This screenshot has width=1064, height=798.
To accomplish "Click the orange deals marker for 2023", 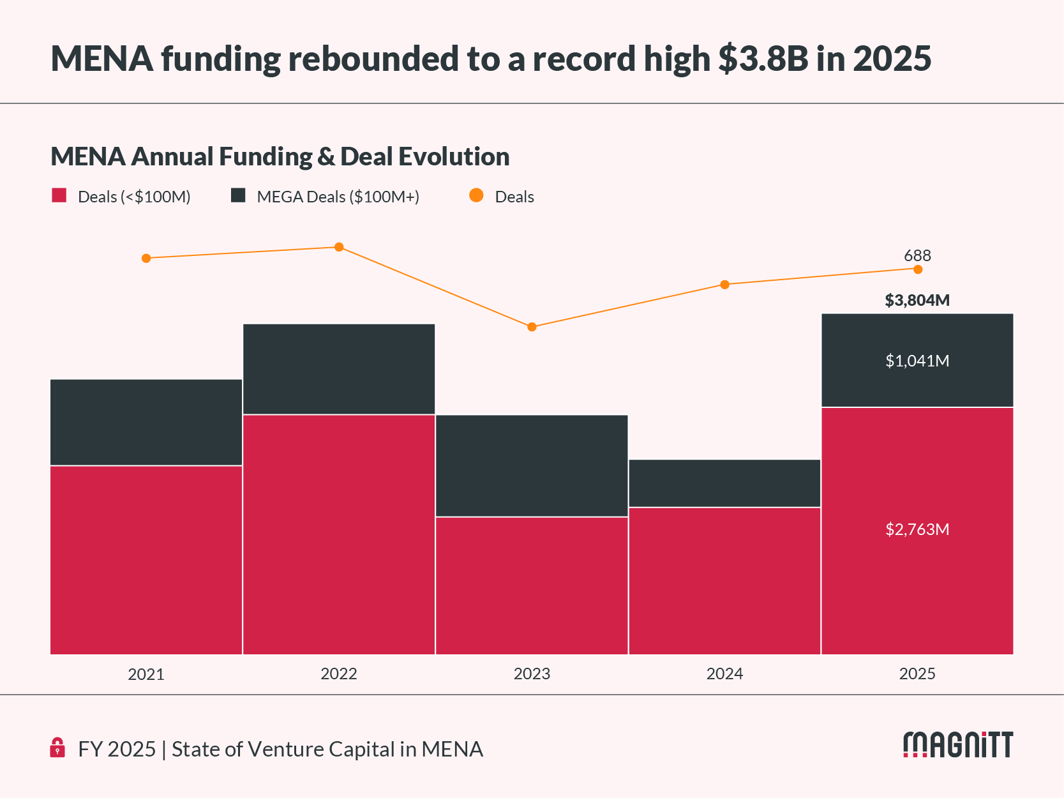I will (532, 327).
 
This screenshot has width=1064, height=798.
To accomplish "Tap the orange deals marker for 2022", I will (339, 247).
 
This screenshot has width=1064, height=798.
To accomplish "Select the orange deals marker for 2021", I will (146, 258).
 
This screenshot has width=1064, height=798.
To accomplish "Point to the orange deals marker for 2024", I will (724, 284).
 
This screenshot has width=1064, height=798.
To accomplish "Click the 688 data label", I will (917, 255).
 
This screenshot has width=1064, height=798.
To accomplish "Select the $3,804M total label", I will (917, 300).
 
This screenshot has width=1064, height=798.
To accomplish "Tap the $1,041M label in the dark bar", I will (917, 361).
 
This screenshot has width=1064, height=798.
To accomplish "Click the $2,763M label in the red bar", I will (917, 529).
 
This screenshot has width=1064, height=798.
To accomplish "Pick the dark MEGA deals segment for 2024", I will (724, 483).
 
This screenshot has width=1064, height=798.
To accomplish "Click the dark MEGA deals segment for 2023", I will (532, 465).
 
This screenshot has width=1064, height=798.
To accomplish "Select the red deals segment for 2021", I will (146, 560).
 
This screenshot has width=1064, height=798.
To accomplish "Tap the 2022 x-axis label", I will (339, 674).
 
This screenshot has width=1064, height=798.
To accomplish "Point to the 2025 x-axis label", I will (917, 674).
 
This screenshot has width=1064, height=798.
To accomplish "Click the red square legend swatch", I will (59, 195).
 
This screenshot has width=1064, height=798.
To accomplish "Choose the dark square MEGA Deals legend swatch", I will (238, 195).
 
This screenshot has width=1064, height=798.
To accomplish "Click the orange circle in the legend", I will (476, 195).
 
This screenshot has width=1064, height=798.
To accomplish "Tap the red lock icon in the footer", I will (57, 748).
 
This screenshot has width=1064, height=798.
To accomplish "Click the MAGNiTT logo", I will (958, 745).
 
